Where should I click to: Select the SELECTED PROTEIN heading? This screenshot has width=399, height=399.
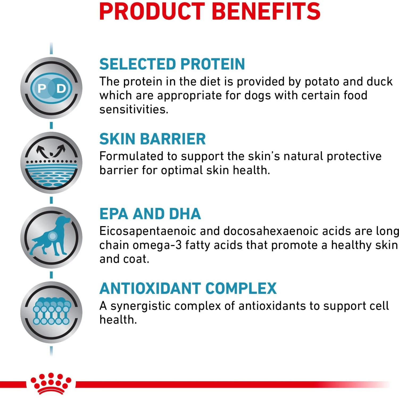[x=172, y=64]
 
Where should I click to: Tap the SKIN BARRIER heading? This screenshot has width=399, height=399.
[x=152, y=139]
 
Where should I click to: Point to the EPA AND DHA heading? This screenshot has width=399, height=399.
[x=150, y=214]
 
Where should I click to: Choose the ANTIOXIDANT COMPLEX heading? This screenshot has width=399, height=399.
[x=188, y=289]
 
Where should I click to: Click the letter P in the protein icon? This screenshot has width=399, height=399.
[x=42, y=88]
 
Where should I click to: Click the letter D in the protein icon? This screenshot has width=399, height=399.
[x=61, y=88]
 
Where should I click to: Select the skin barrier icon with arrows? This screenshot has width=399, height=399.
[x=51, y=162]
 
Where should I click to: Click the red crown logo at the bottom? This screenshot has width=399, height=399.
[x=51, y=383]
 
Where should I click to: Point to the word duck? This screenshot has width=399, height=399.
[x=380, y=82]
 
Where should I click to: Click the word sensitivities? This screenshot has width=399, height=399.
[x=134, y=110]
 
